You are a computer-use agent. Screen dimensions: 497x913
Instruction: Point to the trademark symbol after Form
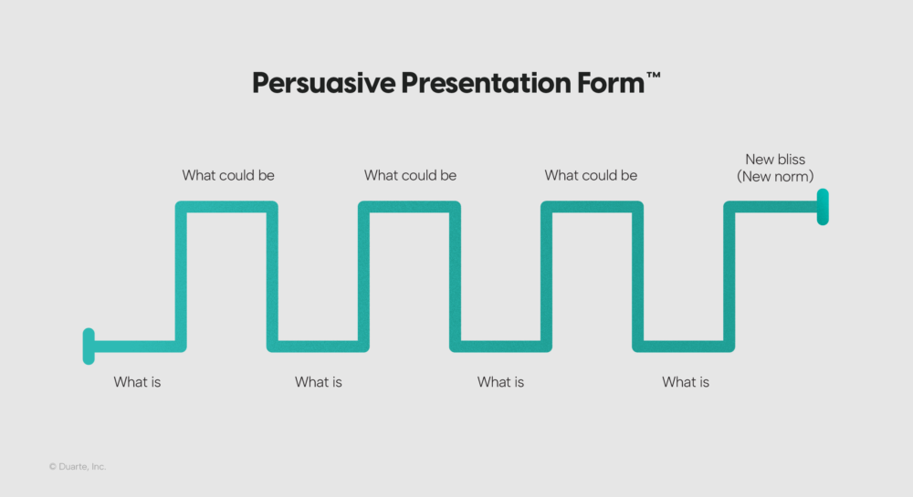point(654,77)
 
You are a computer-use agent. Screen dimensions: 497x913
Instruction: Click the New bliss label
point(775,160)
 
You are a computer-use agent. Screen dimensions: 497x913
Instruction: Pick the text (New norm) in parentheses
point(775,176)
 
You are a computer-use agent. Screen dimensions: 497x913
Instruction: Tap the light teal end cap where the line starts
point(89,346)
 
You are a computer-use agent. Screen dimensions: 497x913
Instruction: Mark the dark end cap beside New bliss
point(823,207)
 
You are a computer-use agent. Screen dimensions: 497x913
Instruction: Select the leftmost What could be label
point(228,175)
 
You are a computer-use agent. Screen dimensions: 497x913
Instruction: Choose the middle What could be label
point(410,175)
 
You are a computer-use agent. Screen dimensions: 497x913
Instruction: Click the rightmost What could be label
point(591,175)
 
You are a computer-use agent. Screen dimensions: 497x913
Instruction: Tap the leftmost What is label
point(137,382)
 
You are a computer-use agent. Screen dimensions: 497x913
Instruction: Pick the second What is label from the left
point(319,382)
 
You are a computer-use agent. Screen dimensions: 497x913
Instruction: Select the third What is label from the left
point(500,382)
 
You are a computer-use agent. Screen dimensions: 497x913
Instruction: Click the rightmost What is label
point(686,382)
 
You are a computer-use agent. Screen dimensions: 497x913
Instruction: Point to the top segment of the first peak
point(226,207)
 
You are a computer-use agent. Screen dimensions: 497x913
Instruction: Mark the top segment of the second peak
point(409,207)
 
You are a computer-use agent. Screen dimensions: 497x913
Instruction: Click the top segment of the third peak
point(592,207)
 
